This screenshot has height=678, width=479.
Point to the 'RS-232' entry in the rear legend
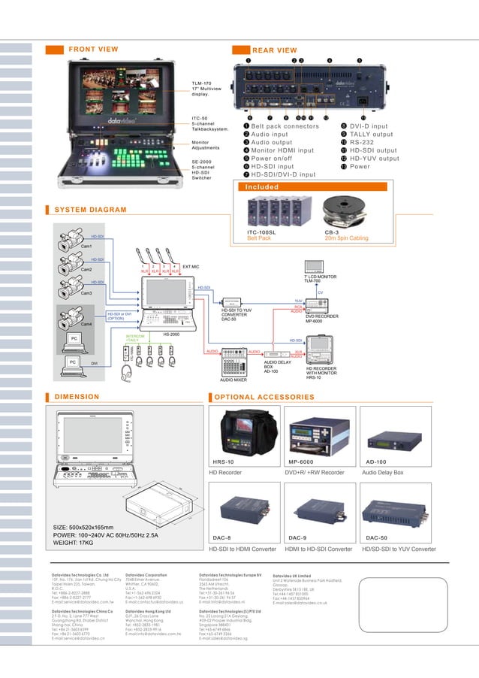[x=367, y=143]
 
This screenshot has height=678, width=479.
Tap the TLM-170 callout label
[x=201, y=83]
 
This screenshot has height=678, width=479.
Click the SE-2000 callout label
[x=200, y=162]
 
